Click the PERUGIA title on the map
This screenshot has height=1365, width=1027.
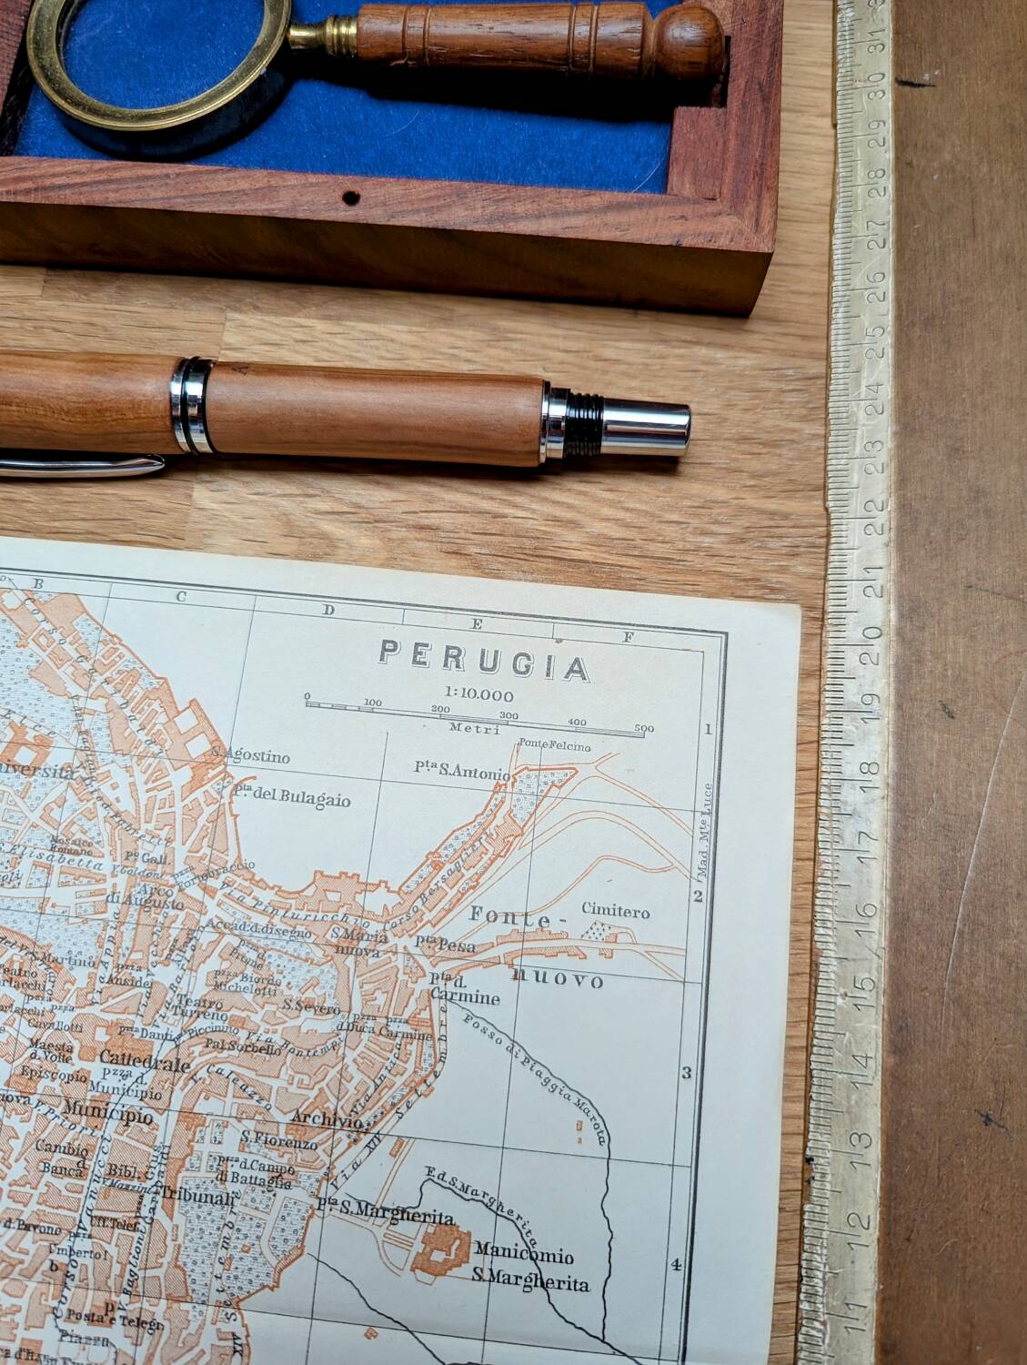485,662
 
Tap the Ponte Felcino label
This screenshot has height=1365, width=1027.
554,746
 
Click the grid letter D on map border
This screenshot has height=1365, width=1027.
328,610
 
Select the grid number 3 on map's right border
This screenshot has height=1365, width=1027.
686,1073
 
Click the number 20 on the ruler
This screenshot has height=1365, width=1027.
873,642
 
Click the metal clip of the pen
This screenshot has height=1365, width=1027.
82,467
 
